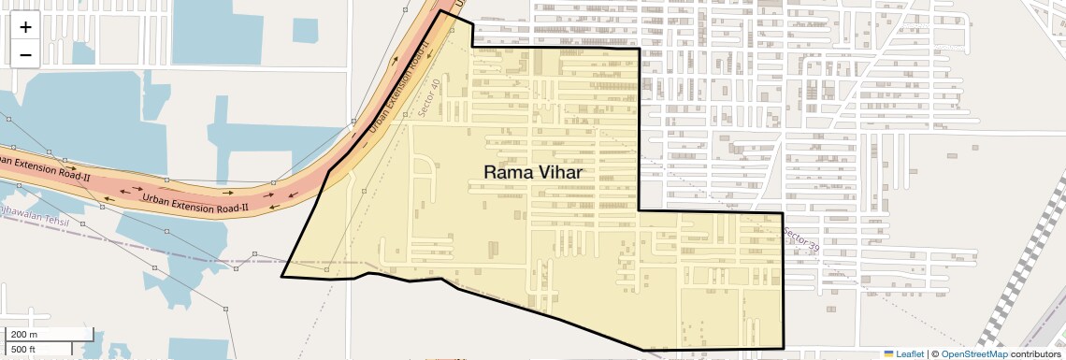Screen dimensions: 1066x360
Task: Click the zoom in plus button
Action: pos(25,27)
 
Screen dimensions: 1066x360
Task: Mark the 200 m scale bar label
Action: pos(24,334)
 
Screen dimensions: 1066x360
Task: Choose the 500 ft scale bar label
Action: pos(22,350)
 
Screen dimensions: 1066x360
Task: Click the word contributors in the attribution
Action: pos(1036,353)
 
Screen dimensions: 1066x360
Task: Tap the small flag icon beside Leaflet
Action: pos(889,353)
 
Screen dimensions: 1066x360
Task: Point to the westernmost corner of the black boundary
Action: pos(281,276)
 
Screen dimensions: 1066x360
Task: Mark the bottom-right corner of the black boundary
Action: pos(783,348)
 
